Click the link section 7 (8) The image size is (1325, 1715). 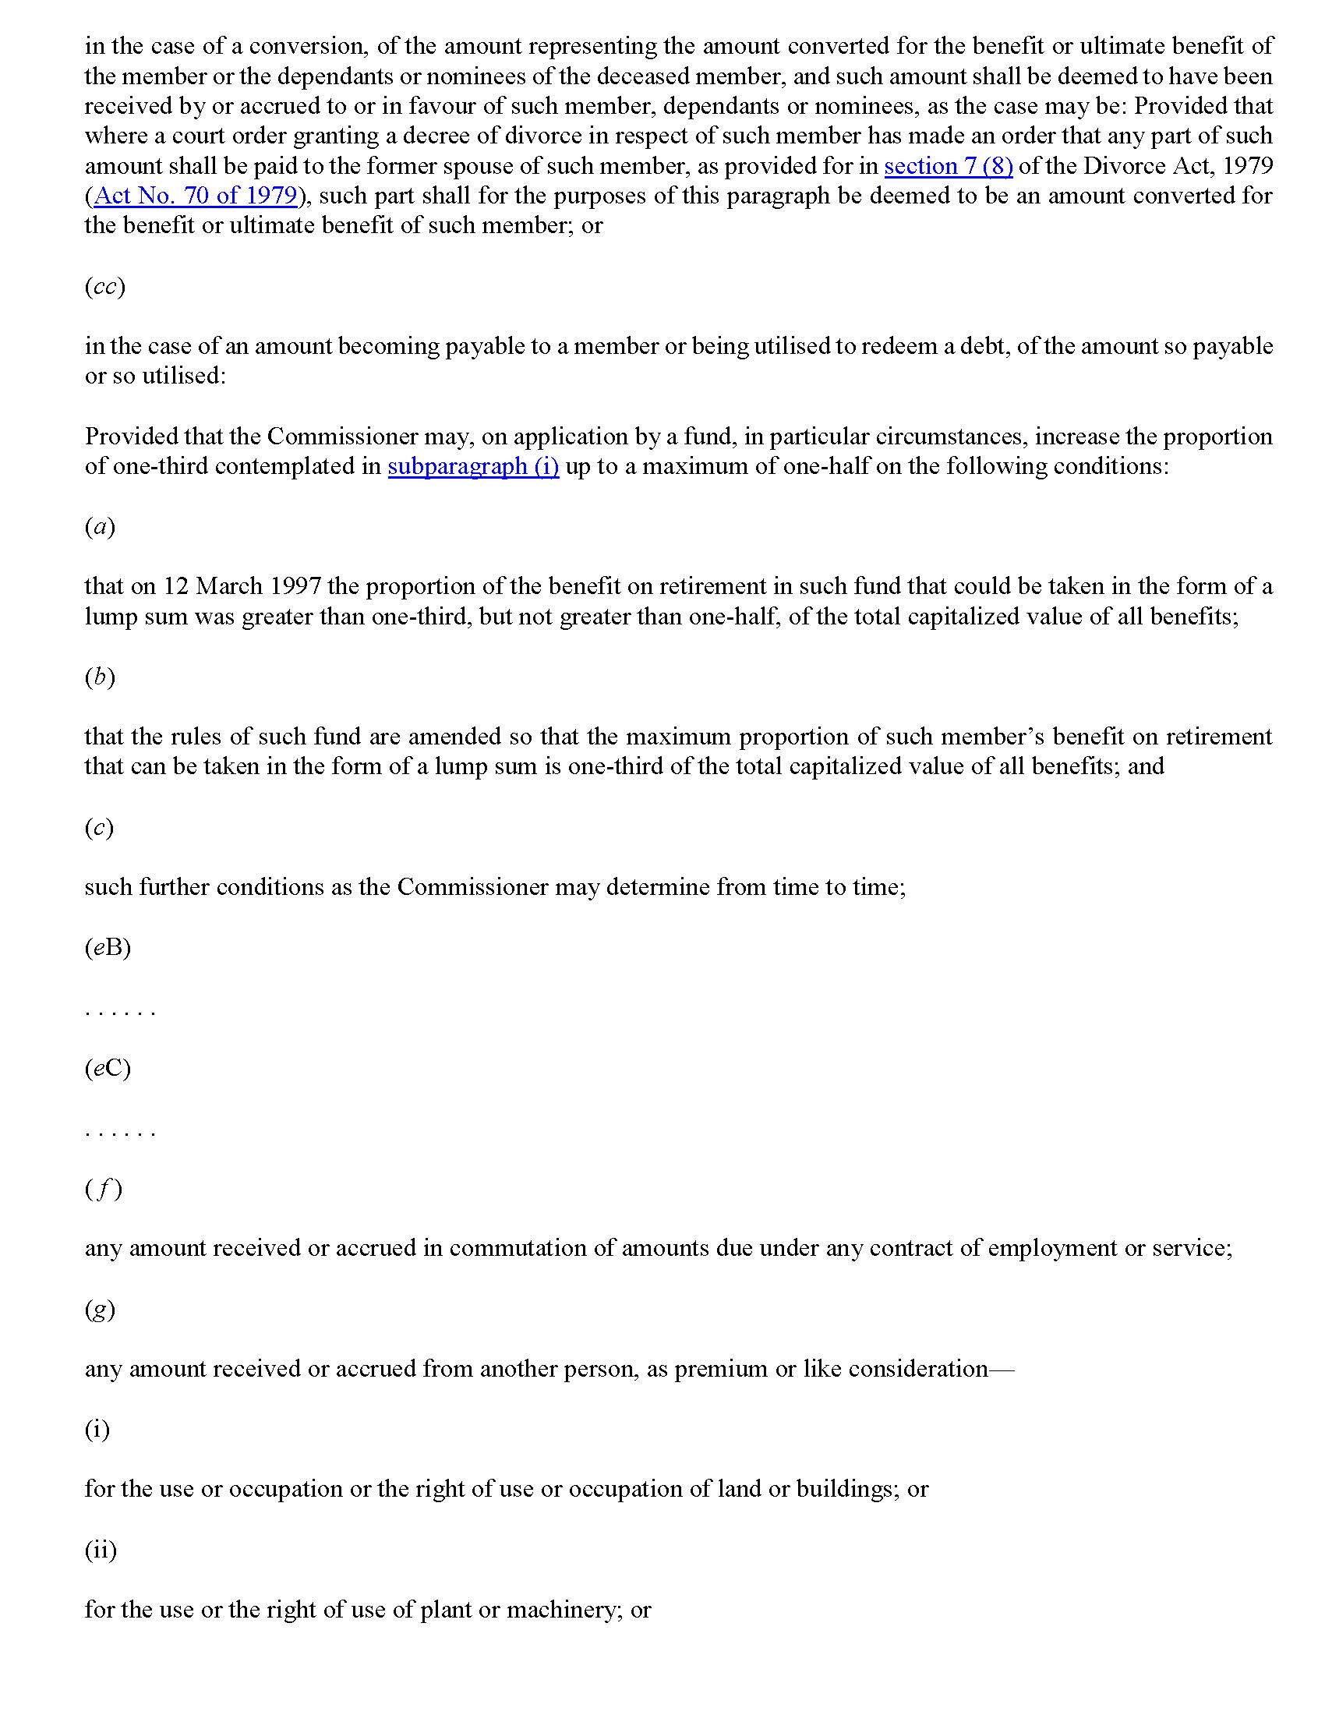pyautogui.click(x=948, y=167)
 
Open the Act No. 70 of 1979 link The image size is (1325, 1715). pyautogui.click(x=196, y=196)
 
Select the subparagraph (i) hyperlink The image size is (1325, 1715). pyautogui.click(x=473, y=466)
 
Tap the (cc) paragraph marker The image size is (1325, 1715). pyautogui.click(x=104, y=287)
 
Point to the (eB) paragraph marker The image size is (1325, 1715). pyautogui.click(x=108, y=948)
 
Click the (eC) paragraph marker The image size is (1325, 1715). pyautogui.click(x=108, y=1068)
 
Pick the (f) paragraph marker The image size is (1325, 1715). pyautogui.click(x=104, y=1189)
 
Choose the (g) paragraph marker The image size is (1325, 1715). pyautogui.click(x=100, y=1309)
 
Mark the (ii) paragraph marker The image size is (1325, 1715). pyautogui.click(x=101, y=1550)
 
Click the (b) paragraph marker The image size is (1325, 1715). pyautogui.click(x=100, y=677)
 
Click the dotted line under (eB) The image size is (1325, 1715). pyautogui.click(x=120, y=1011)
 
